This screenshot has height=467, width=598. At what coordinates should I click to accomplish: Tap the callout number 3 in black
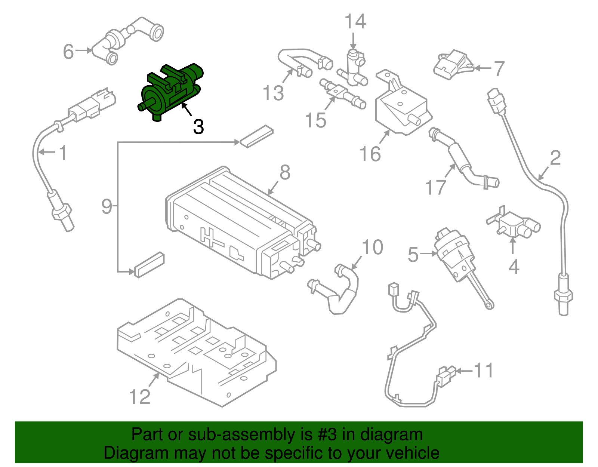point(198,127)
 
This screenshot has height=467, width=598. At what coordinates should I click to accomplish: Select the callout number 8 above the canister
point(285,173)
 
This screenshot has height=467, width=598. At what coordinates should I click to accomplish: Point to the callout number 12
point(139,397)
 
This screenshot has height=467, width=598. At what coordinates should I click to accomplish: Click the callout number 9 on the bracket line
point(107,206)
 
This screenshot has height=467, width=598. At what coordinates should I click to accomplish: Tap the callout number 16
point(370,154)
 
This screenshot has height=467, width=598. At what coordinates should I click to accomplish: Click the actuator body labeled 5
point(454,254)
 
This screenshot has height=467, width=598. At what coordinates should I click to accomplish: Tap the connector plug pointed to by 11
point(445,377)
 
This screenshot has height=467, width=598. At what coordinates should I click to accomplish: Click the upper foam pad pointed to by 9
point(257,136)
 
